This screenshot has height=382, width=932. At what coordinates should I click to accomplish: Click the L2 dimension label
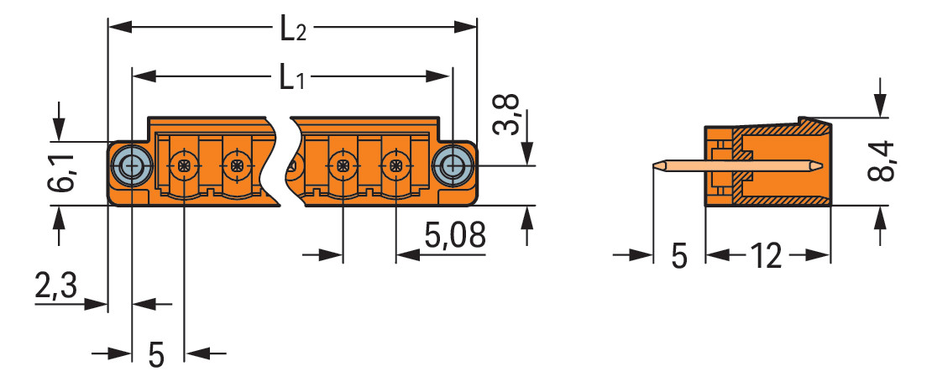pyautogui.click(x=292, y=29)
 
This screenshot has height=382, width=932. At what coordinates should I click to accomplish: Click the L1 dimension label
pyautogui.click(x=292, y=79)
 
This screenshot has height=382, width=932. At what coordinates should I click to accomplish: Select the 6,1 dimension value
pyautogui.click(x=61, y=172)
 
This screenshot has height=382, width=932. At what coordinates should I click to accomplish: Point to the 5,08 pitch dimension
pyautogui.click(x=455, y=235)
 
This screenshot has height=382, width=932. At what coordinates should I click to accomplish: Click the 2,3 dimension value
pyautogui.click(x=56, y=287)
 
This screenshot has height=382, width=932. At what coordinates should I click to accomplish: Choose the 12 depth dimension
pyautogui.click(x=766, y=256)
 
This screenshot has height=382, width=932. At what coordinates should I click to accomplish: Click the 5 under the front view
pyautogui.click(x=156, y=354)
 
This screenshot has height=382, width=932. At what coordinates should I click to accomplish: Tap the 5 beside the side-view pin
pyautogui.click(x=678, y=256)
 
